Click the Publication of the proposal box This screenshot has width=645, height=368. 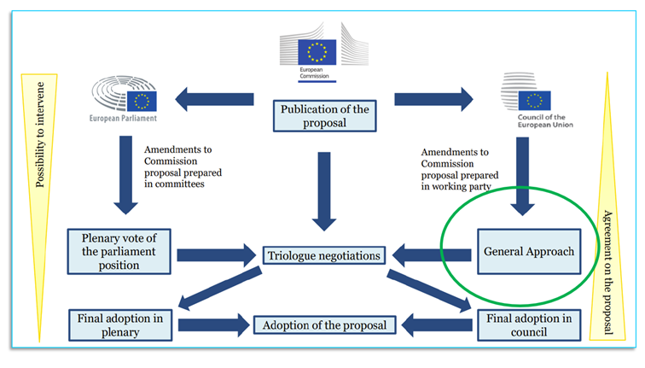[x=323, y=115]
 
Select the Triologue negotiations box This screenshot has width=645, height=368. [x=322, y=254]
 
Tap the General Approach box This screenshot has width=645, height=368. [x=528, y=254]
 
